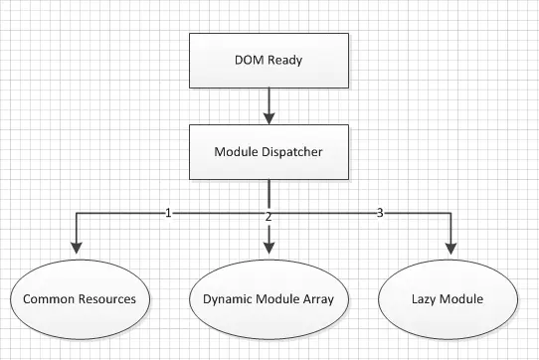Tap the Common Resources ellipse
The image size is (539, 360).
click(x=80, y=298)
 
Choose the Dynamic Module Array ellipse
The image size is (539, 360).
click(x=269, y=298)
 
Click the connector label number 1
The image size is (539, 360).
click(x=168, y=213)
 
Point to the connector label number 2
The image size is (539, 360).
click(x=269, y=217)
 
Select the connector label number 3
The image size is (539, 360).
click(x=379, y=213)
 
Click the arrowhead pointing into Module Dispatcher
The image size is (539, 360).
click(x=269, y=119)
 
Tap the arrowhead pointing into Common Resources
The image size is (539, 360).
click(x=76, y=249)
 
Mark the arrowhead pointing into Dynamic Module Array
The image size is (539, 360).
click(x=269, y=249)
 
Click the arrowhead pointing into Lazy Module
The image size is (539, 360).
click(x=453, y=249)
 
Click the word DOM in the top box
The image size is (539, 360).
click(x=247, y=60)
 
